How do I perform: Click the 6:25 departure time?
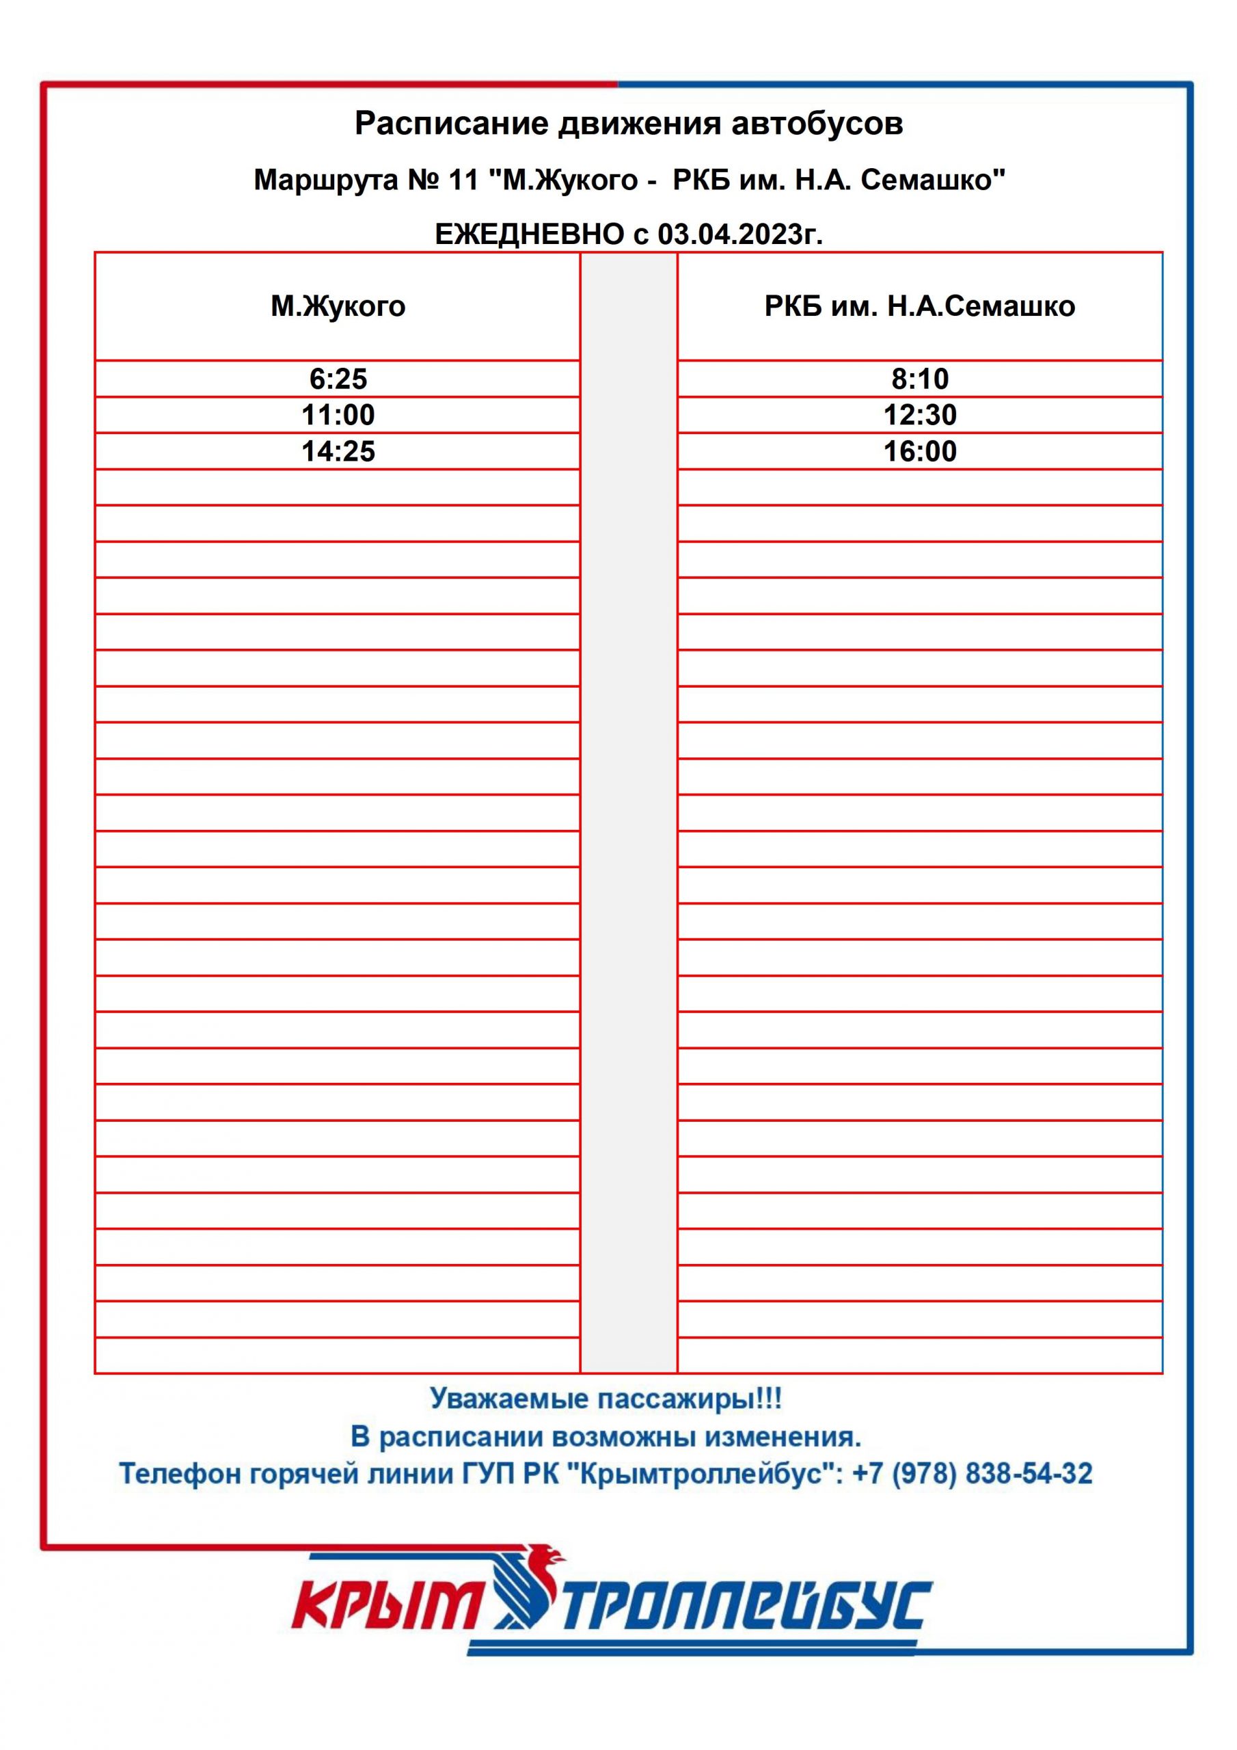coord(338,379)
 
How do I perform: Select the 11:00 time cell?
coord(338,416)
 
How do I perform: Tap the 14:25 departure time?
coord(338,451)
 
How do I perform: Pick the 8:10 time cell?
coord(919,379)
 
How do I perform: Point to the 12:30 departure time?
coord(919,416)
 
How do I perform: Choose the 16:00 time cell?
coord(919,451)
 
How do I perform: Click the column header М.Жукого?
coord(338,306)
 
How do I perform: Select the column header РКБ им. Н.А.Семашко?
coord(919,306)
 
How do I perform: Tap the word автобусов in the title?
coord(817,124)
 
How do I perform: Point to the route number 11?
coord(463,180)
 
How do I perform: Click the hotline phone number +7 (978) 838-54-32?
coord(972,1473)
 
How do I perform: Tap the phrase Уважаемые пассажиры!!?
coord(606,1399)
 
